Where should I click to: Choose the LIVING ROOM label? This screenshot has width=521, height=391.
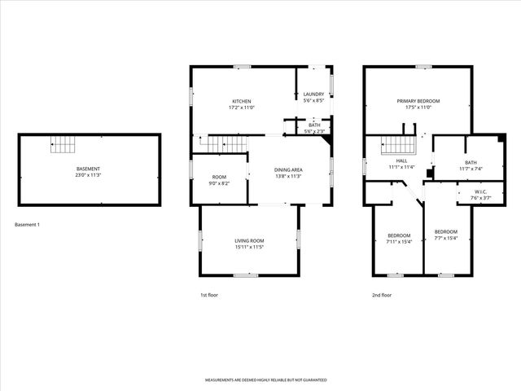tap(249, 240)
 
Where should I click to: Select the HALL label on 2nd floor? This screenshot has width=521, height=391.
tap(401, 161)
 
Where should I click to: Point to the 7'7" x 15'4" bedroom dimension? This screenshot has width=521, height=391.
tap(445, 238)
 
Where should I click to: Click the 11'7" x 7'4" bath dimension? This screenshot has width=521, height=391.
tap(471, 169)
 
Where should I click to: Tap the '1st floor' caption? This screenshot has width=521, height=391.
tap(209, 295)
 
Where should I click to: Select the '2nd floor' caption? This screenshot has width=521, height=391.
tap(382, 295)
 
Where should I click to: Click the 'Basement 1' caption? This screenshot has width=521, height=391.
tap(27, 224)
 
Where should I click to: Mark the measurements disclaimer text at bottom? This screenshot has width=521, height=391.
tap(260, 380)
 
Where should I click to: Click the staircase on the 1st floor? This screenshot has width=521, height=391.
tap(221, 144)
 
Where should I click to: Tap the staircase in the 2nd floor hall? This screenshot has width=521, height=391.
tap(400, 144)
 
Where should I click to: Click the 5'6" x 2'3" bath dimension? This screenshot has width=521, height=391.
tap(314, 131)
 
